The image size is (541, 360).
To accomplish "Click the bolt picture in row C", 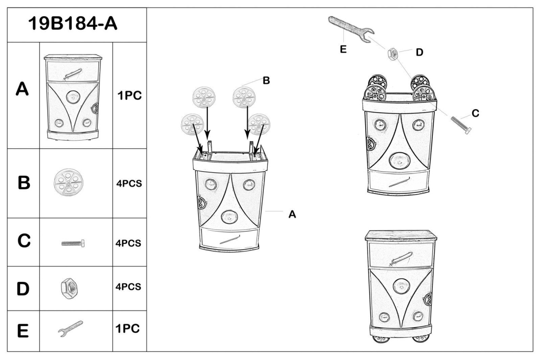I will tap(73, 243).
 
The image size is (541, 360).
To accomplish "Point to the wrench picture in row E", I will tap(71, 329).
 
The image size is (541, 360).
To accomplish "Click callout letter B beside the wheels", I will tap(266, 81).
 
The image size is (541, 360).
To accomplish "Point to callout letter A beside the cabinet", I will tap(292, 215).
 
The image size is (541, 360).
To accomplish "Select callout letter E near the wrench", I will tap(343, 50).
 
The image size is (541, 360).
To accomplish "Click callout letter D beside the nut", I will tap(419, 52).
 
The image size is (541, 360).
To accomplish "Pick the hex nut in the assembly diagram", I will tap(393, 54).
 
